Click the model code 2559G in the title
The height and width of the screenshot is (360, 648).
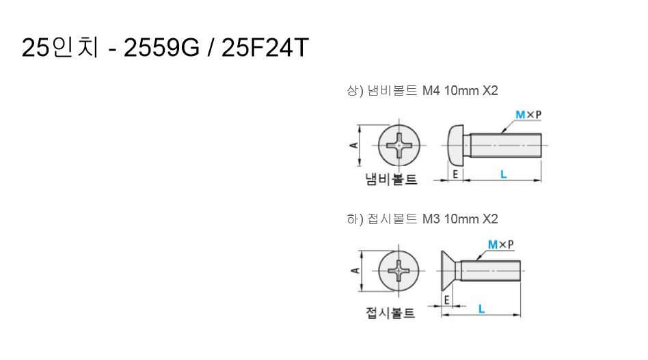[161, 48]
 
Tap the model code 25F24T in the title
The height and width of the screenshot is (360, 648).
[265, 48]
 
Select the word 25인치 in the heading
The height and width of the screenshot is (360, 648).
[60, 48]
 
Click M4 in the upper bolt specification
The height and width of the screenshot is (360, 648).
[431, 90]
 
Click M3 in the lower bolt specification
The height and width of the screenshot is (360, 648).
[431, 219]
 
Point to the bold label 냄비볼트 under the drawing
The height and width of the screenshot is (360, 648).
[391, 180]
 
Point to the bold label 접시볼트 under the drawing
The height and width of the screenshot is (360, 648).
[390, 312]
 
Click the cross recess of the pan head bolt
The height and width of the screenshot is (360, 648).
[399, 146]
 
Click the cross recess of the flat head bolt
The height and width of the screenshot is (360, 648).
[399, 271]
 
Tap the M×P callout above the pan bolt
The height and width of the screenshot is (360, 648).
[528, 115]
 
